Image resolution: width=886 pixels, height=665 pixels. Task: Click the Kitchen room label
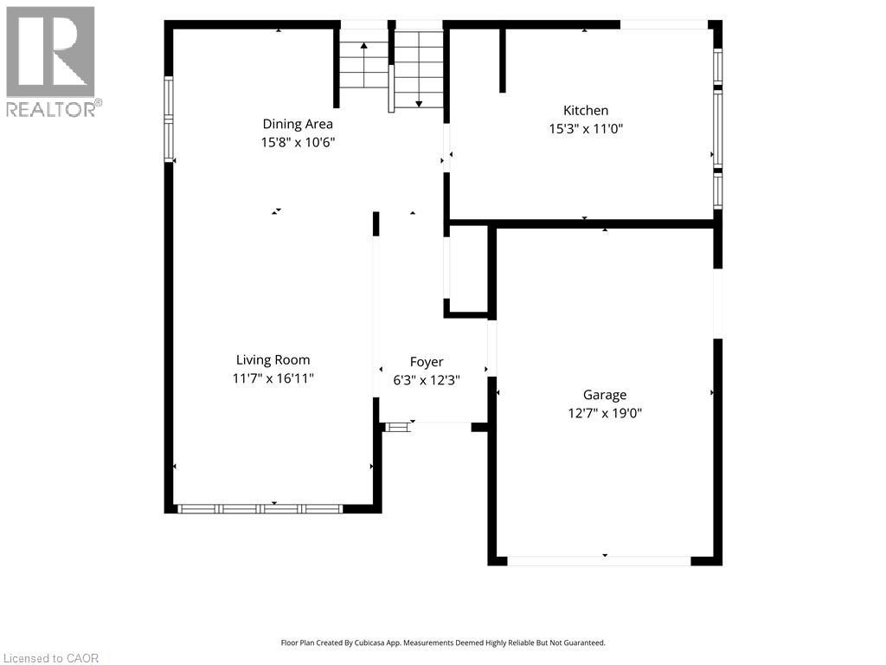[x=586, y=110]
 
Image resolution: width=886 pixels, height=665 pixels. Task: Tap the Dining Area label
[x=298, y=124]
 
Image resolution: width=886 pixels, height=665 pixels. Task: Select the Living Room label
[x=273, y=360]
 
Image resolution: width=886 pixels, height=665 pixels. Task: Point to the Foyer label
[x=427, y=362]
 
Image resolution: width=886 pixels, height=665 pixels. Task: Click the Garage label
[x=605, y=395]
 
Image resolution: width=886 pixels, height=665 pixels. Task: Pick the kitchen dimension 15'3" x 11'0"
[x=586, y=128]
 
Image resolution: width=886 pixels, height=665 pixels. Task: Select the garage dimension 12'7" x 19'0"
[x=605, y=413]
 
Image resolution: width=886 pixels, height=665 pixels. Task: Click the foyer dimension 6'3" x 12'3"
[x=427, y=380]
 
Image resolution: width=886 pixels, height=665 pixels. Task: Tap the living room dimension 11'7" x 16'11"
[x=273, y=378]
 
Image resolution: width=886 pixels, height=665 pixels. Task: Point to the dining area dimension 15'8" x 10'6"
[x=298, y=142]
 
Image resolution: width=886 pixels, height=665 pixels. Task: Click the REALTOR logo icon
[x=50, y=51]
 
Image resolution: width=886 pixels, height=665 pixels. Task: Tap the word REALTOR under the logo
[x=51, y=109]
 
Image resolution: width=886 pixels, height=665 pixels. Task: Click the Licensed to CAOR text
[x=51, y=658]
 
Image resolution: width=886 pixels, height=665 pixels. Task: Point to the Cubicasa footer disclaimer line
[x=443, y=643]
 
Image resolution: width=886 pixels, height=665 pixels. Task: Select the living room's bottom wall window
[x=260, y=509]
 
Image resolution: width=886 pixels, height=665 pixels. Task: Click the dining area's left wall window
[x=169, y=119]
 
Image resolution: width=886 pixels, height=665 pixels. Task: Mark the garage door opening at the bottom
[x=599, y=561]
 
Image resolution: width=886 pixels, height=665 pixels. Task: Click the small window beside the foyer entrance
[x=396, y=427]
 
